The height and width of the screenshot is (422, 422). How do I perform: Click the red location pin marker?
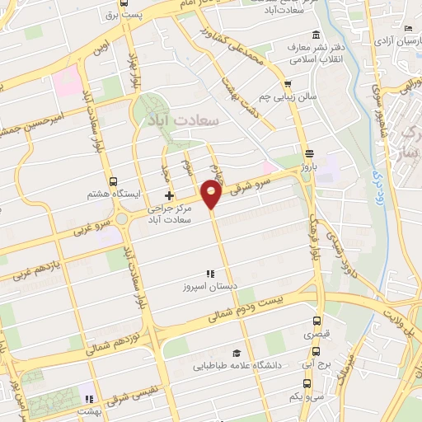(x=212, y=195)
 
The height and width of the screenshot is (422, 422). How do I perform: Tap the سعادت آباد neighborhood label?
(x=183, y=120)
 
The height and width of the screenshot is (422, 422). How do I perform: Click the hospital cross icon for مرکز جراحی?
(x=170, y=196)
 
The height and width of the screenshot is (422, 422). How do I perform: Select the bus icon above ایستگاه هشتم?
(x=113, y=182)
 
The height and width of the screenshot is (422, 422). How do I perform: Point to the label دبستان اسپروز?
(x=210, y=288)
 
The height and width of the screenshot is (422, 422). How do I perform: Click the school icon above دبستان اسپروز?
(x=210, y=274)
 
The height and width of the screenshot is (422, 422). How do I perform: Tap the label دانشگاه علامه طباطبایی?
(x=238, y=364)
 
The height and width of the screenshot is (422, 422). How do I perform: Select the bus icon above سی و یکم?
(x=307, y=383)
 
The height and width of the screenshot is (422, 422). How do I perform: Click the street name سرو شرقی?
(x=265, y=179)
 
